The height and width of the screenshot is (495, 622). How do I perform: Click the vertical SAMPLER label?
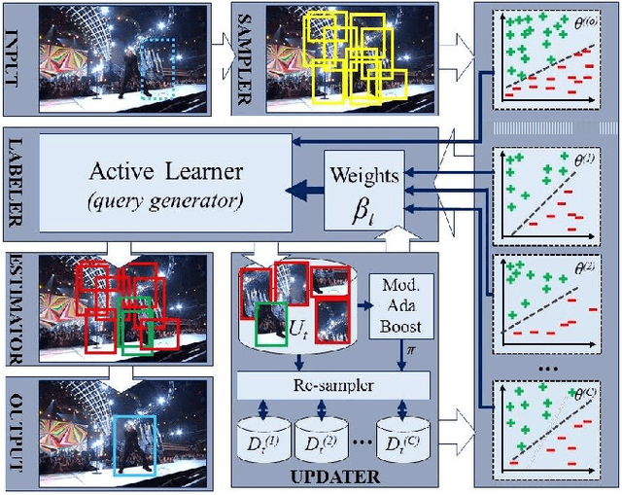tap(243, 58)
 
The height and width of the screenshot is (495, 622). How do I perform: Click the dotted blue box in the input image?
tap(156, 68)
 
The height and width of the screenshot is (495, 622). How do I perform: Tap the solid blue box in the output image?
tap(133, 443)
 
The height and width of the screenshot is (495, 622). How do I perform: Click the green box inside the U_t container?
tap(270, 324)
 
